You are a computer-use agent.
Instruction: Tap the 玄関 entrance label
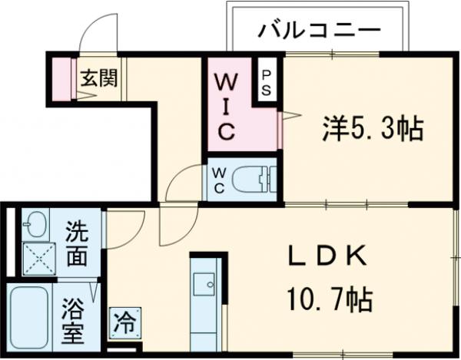(99, 78)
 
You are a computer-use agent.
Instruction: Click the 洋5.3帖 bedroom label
(372, 128)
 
